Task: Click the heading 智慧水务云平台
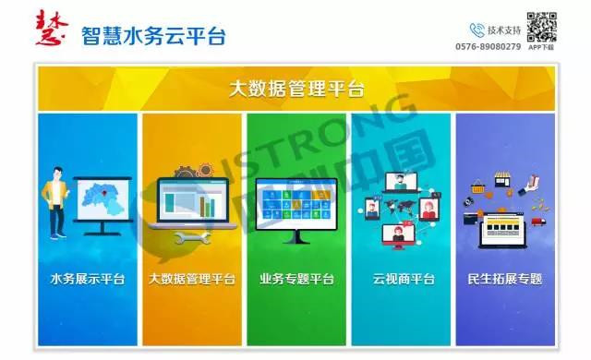tap(153, 35)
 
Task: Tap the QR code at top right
tap(541, 27)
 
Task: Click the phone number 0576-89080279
tap(488, 46)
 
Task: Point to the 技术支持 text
tap(504, 30)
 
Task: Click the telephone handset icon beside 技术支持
tap(477, 30)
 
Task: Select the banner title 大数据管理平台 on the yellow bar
tap(295, 90)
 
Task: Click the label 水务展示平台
tap(87, 279)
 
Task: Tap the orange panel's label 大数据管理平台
tap(191, 279)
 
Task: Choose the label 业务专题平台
tap(295, 279)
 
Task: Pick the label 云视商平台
tap(401, 279)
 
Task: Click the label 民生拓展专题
tap(505, 279)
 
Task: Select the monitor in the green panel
tap(295, 205)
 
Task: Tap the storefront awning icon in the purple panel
tap(504, 181)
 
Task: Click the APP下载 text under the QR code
tap(541, 47)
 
